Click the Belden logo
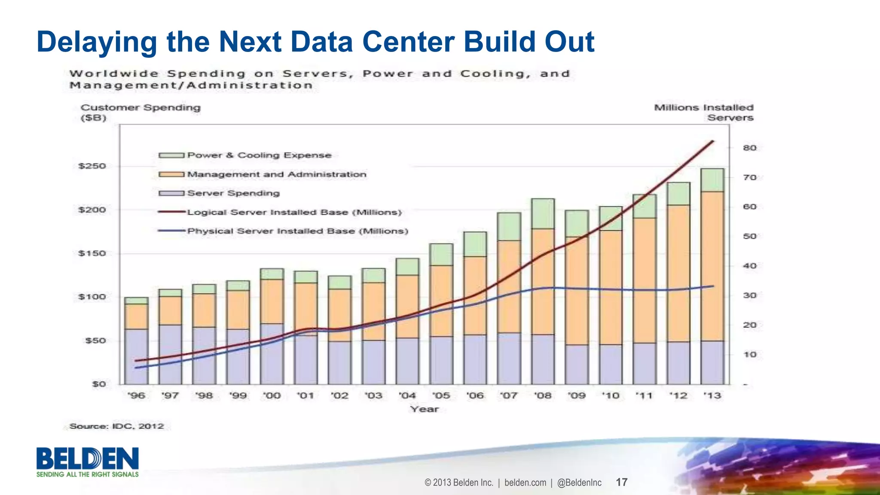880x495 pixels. tap(88, 462)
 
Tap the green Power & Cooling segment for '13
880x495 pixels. tap(712, 180)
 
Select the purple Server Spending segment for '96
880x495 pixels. tap(136, 356)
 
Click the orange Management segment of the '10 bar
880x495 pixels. tap(611, 287)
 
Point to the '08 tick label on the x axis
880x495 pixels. tap(543, 395)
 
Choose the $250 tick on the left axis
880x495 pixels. tap(92, 166)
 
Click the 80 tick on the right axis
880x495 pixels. tap(749, 148)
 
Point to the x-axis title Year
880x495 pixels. tap(425, 409)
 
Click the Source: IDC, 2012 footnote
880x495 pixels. tap(117, 426)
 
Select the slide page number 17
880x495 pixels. tap(621, 482)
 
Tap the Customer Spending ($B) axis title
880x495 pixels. tap(141, 112)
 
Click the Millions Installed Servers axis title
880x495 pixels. tap(703, 112)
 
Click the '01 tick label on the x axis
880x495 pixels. tap(306, 395)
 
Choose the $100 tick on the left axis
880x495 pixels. tap(92, 297)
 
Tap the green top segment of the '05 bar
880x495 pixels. tap(441, 255)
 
